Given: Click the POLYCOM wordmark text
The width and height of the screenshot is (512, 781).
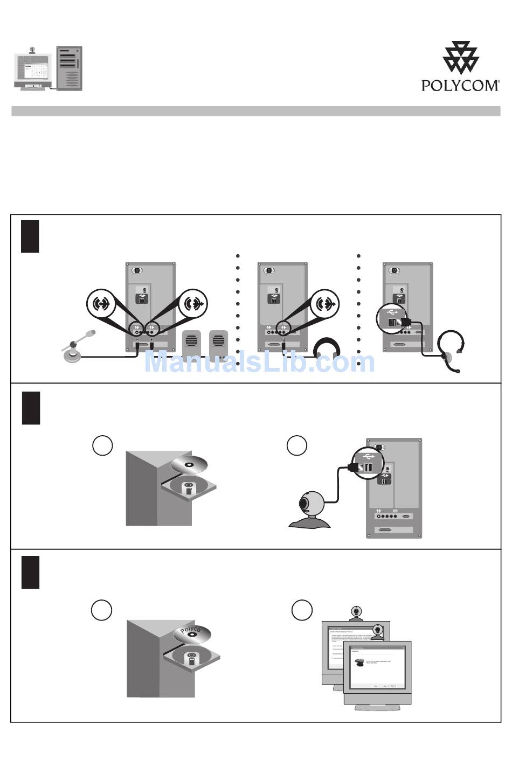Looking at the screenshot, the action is [460, 85].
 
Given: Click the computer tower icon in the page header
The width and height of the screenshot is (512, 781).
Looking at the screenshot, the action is [70, 68].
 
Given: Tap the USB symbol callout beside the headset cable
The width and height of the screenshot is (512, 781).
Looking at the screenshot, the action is [392, 317].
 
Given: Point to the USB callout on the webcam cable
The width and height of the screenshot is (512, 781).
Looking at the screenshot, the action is [368, 462].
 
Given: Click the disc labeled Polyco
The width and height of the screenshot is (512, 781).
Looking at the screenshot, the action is [191, 633].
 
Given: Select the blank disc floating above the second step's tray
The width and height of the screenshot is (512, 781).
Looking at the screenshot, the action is [189, 464].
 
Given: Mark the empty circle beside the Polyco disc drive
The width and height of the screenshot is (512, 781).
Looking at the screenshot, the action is [101, 610].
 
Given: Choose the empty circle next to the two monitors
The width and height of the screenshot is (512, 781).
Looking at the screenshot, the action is [302, 610].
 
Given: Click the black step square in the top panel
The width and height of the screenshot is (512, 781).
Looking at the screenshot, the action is [30, 235].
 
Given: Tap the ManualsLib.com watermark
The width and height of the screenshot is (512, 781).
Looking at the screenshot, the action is [259, 362].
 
